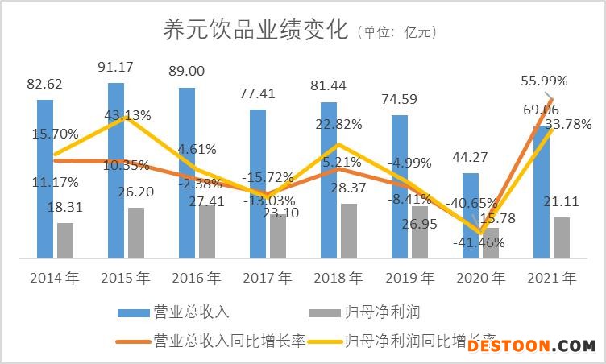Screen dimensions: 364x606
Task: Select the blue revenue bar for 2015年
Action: pyautogui.click(x=116, y=169)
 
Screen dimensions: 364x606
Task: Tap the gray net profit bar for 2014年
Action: pyautogui.click(x=65, y=240)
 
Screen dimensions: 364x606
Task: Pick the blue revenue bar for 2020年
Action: pyautogui.click(x=470, y=216)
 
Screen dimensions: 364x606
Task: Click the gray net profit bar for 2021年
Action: pyautogui.click(x=562, y=238)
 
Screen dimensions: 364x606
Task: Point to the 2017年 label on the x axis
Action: pyautogui.click(x=268, y=279)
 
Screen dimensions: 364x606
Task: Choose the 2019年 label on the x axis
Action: pyautogui.click(x=409, y=279)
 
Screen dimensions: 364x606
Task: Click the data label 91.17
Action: pyautogui.click(x=116, y=67)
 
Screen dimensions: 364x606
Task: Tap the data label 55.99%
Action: pyautogui.click(x=544, y=81)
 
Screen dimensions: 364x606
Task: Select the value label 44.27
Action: pyautogui.click(x=471, y=159)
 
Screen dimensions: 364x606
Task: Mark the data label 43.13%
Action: pyautogui.click(x=127, y=115)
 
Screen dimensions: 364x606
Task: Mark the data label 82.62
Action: pyautogui.click(x=44, y=84)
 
